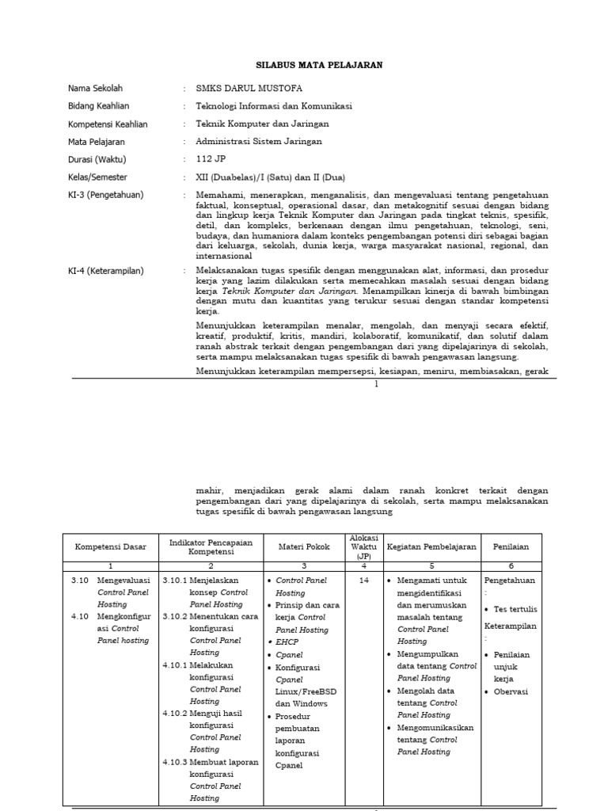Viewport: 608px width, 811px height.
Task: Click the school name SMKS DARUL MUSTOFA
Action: [249, 89]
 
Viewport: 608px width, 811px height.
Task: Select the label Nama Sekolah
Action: [96, 89]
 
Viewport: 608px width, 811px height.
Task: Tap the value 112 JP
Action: [211, 159]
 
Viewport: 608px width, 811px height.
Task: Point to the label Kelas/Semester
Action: [98, 177]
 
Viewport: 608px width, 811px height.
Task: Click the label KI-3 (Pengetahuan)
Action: [106, 195]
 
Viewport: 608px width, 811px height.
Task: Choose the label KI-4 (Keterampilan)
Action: [106, 271]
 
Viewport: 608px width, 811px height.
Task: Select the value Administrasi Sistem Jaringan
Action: [260, 142]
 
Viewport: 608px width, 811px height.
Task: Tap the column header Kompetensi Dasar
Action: [111, 547]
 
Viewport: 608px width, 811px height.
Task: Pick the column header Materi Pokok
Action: [302, 547]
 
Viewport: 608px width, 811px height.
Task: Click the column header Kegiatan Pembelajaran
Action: [431, 547]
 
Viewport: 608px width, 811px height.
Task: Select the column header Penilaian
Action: [511, 547]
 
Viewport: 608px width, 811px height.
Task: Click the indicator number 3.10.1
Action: [176, 581]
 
